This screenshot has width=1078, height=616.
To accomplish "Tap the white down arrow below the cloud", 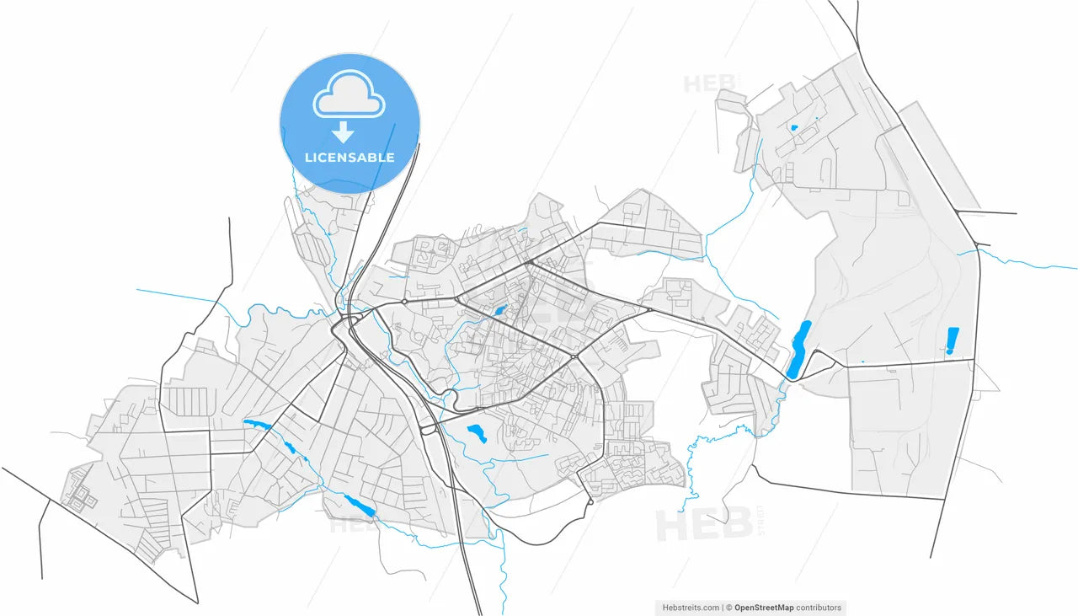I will click(342, 131).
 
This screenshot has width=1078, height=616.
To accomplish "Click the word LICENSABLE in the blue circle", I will click(350, 158).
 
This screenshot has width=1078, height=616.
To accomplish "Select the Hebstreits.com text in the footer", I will click(691, 607).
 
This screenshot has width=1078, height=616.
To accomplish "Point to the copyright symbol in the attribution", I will click(729, 607).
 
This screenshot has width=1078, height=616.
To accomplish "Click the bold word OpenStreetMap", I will click(764, 607).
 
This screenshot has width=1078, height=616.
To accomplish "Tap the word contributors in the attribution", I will click(819, 607).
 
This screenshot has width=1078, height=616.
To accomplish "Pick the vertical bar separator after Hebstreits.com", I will click(723, 607).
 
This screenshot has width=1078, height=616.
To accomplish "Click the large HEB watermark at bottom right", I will click(703, 525).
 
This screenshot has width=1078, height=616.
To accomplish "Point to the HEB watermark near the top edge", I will click(710, 83).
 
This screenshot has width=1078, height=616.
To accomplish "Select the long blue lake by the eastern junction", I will click(798, 348).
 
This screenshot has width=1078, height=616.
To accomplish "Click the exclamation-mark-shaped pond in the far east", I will click(953, 340).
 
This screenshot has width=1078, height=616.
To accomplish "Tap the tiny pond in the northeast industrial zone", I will click(793, 128).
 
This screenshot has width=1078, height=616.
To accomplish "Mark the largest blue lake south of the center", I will click(477, 434).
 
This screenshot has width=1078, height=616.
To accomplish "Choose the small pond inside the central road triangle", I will click(499, 312).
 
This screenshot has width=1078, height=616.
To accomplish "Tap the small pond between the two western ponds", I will click(291, 447).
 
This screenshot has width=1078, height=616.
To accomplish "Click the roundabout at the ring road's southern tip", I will click(590, 501).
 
